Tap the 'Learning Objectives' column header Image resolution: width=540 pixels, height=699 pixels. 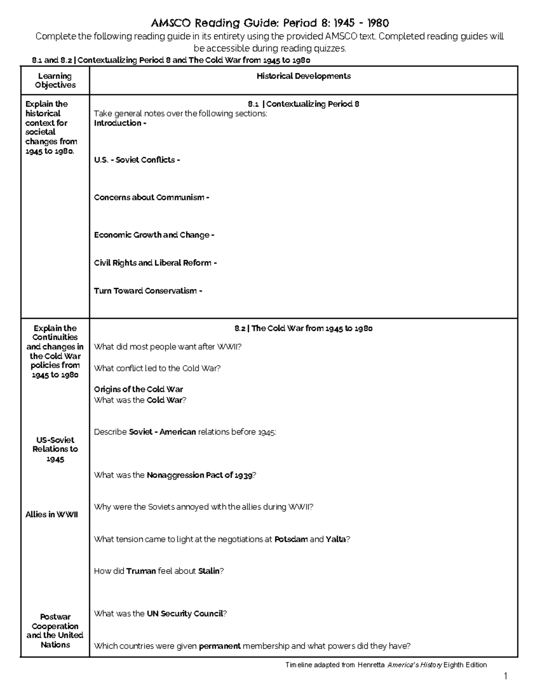[x=55, y=81]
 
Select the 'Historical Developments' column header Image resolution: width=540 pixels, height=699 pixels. [x=303, y=76]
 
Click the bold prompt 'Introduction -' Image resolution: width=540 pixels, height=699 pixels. [x=120, y=123]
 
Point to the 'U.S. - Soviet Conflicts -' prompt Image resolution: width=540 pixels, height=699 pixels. [x=137, y=160]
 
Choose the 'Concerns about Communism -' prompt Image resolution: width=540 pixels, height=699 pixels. [x=151, y=197]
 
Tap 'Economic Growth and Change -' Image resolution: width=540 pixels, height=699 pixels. [x=154, y=235]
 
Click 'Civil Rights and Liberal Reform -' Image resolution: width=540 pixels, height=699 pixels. [x=155, y=262]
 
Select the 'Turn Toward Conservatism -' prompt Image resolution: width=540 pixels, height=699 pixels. [x=148, y=291]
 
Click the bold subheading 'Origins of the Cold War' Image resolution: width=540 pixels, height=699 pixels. [x=138, y=389]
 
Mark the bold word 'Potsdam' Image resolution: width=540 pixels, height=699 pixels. [x=291, y=539]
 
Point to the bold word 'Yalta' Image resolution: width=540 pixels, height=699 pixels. [x=336, y=539]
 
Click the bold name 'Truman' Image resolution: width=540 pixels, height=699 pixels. [x=141, y=571]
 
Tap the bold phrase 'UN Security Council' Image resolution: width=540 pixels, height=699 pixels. [x=184, y=613]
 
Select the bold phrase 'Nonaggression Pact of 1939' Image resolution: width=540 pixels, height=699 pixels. [x=199, y=475]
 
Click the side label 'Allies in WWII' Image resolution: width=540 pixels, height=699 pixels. [x=52, y=514]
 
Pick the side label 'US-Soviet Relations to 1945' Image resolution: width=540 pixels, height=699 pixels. [x=55, y=449]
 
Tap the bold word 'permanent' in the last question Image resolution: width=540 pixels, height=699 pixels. [x=220, y=646]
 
